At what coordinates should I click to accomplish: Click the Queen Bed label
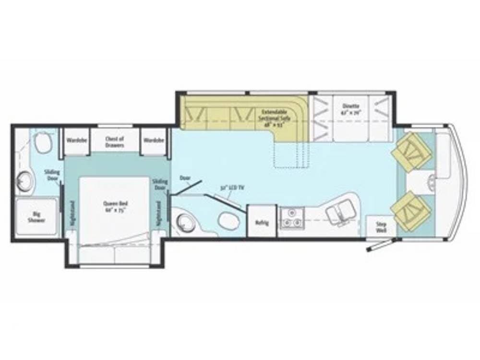115,206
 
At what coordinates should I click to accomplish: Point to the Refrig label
262,223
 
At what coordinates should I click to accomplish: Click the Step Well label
381,227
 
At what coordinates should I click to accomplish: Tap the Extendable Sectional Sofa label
272,118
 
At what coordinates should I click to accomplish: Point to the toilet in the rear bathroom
45,141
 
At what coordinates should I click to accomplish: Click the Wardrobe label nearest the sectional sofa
153,141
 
